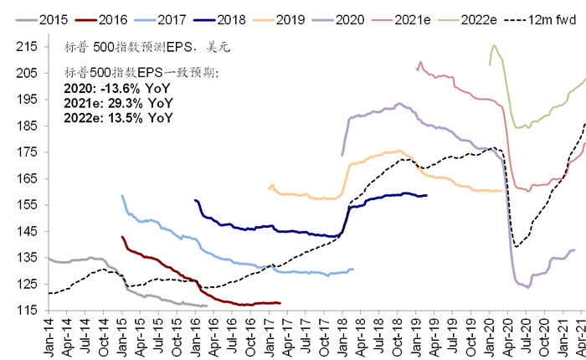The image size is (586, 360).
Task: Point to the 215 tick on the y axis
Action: tap(32, 47)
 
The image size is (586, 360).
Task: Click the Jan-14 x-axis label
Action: tap(49, 336)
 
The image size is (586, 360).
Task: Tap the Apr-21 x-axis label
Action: tap(578, 336)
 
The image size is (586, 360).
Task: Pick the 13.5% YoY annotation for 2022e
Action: tap(118, 118)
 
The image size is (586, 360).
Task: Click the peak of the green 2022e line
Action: tap(494, 45)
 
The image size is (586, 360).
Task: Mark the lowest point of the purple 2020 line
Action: tap(527, 287)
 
